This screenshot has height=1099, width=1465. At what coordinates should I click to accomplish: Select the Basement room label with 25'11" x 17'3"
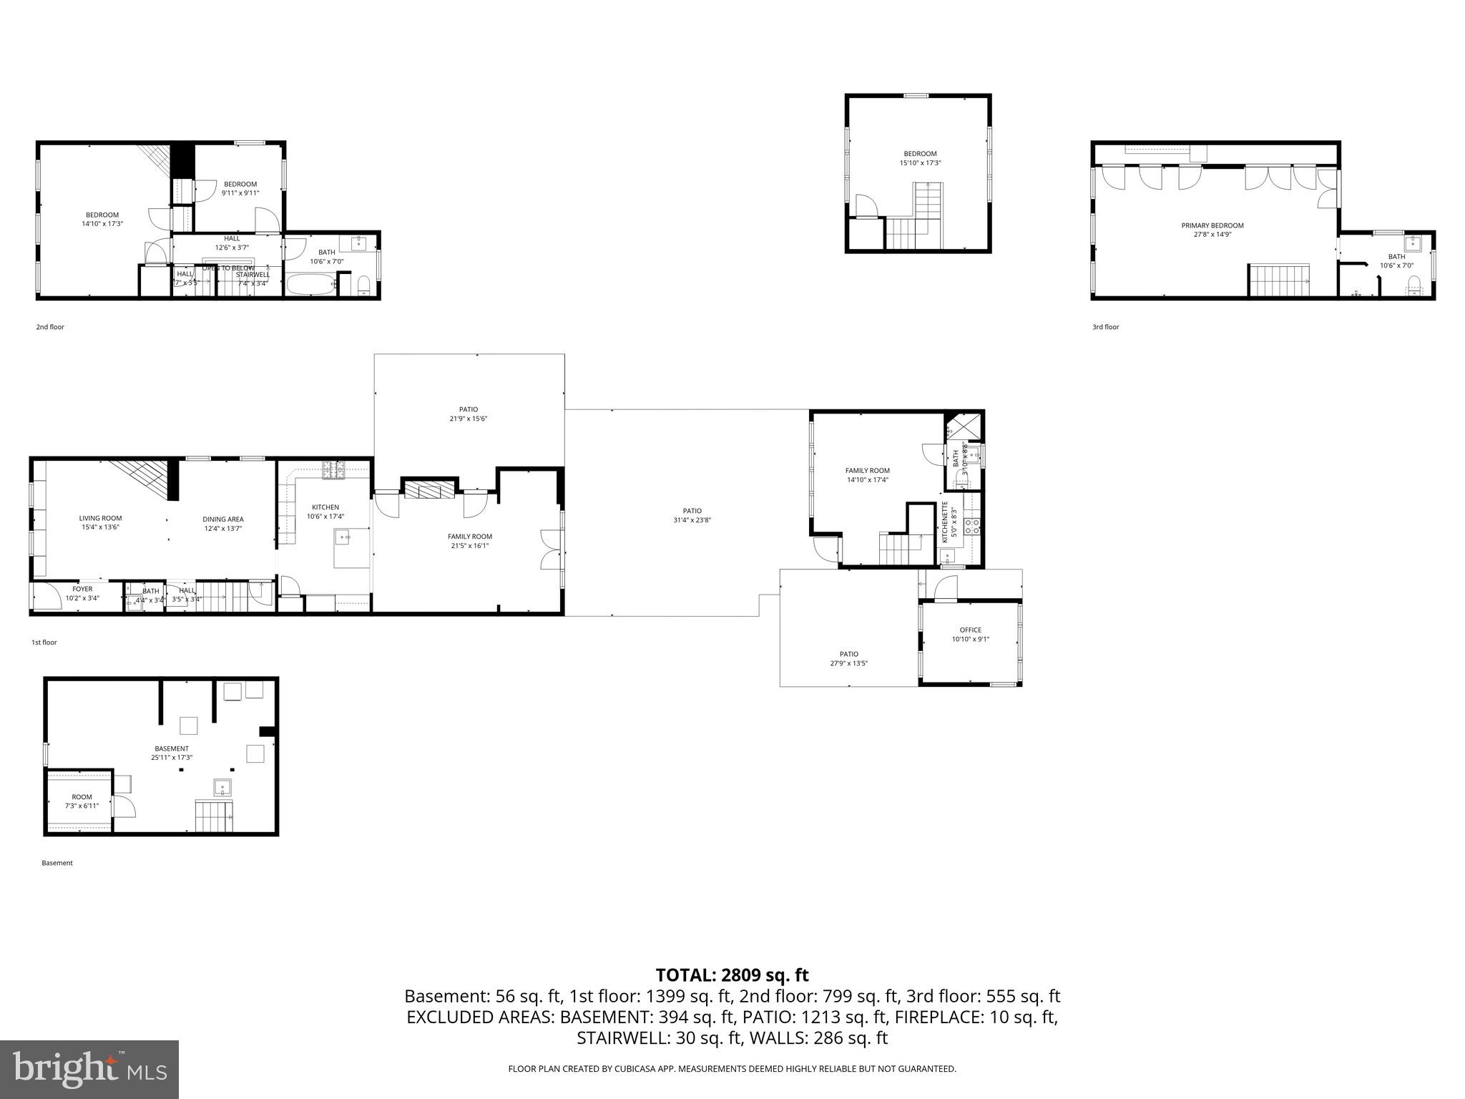coord(172,753)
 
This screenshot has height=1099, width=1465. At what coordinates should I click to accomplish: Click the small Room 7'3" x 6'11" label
coord(82,801)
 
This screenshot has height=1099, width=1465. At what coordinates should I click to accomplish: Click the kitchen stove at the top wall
coord(333,470)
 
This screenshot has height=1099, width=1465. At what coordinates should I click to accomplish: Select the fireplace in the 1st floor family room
coord(429,489)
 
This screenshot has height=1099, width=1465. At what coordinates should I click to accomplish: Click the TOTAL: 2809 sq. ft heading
coord(732,975)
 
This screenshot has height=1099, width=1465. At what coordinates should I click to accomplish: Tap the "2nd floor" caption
coord(50,327)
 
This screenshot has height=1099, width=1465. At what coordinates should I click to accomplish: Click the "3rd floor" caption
coord(1105,327)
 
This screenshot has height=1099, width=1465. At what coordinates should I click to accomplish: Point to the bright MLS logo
coord(89,1069)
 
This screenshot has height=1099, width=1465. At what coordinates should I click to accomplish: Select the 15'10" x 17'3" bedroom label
coord(920,158)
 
